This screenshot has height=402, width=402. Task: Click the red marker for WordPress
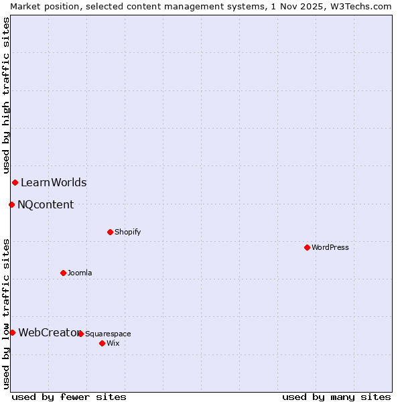pos(307,247)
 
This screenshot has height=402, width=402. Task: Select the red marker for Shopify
pos(110,232)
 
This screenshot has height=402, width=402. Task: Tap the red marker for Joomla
pos(63,273)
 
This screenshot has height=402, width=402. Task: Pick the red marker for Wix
pos(102,343)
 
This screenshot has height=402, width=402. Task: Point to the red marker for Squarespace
pos(80,334)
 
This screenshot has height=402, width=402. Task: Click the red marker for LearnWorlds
pos(15,182)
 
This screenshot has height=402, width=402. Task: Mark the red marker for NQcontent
pos(11,204)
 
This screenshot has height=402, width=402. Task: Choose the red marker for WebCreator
pos(12,332)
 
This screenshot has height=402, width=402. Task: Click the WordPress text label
pos(330,247)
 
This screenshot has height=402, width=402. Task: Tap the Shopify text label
pos(127,232)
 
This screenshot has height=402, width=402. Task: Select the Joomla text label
pos(80,273)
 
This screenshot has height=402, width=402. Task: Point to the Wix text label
pos(113,343)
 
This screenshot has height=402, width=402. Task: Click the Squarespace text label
pos(108,334)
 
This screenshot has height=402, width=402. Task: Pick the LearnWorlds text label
pos(54,182)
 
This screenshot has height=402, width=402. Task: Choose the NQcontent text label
pos(46,204)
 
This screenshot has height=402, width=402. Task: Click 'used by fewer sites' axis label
pos(69,397)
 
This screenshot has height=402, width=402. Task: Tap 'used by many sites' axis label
pos(336,397)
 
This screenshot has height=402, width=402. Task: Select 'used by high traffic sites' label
pos(7,95)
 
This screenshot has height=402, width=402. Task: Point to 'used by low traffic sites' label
pos(7,314)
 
